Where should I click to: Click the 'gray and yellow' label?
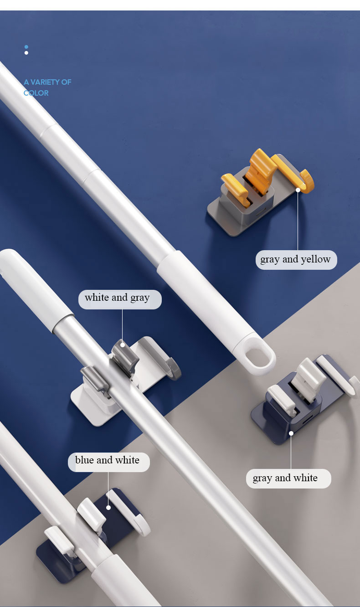296,260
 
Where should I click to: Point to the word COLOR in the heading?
36,93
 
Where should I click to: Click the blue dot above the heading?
26,47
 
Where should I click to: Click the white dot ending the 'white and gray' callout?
122,345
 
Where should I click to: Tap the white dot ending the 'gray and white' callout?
291,433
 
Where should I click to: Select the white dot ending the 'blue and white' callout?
108,507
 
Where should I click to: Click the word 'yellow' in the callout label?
315,260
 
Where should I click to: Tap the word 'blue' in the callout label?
84,461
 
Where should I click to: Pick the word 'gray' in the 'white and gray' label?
140,298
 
